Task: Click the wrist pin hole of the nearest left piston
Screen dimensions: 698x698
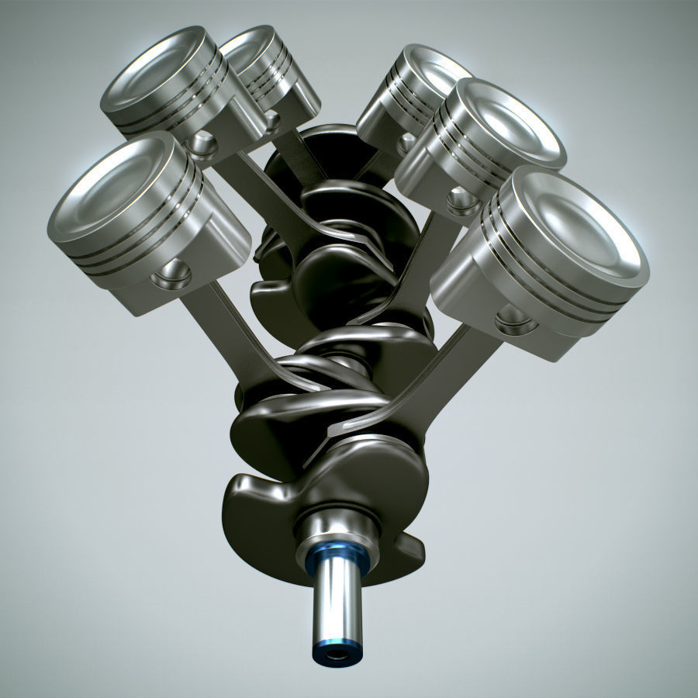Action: point(171,274)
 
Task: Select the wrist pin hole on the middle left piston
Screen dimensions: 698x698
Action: point(203,143)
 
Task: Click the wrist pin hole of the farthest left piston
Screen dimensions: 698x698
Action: point(271,120)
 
